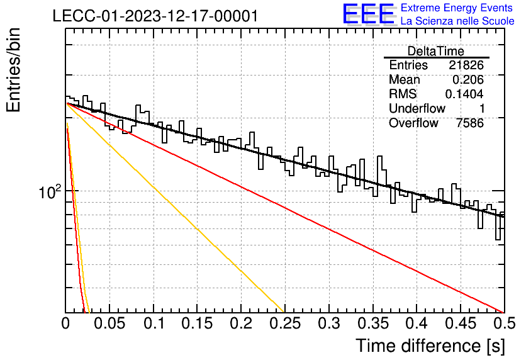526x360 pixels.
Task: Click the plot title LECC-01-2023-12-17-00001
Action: pyautogui.click(x=155, y=16)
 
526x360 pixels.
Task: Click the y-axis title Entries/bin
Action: pyautogui.click(x=14, y=70)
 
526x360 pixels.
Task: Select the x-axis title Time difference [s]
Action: pyautogui.click(x=430, y=346)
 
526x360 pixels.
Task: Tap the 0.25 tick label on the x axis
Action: pyautogui.click(x=284, y=323)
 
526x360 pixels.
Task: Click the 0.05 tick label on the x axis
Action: pyautogui.click(x=109, y=323)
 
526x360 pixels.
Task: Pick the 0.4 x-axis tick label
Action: pyautogui.click(x=417, y=323)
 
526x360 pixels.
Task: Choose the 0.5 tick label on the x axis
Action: pyautogui.click(x=504, y=323)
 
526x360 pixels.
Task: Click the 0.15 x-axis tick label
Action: pyautogui.click(x=197, y=323)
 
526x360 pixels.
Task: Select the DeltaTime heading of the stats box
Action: pyautogui.click(x=436, y=51)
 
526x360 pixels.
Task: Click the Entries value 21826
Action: pyautogui.click(x=466, y=65)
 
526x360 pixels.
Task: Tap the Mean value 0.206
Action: pyautogui.click(x=468, y=79)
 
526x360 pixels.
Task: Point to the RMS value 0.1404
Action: pyautogui.click(x=464, y=94)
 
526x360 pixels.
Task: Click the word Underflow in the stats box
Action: pyautogui.click(x=417, y=108)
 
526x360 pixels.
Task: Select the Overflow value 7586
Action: pyautogui.click(x=470, y=123)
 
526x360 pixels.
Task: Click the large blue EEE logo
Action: pyautogui.click(x=369, y=14)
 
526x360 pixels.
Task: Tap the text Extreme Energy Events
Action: pyautogui.click(x=457, y=8)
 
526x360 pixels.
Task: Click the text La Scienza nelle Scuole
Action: pyautogui.click(x=457, y=21)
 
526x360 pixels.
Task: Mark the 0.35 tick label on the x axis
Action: pyautogui.click(x=373, y=323)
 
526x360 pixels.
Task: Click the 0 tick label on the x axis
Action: pyautogui.click(x=65, y=323)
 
